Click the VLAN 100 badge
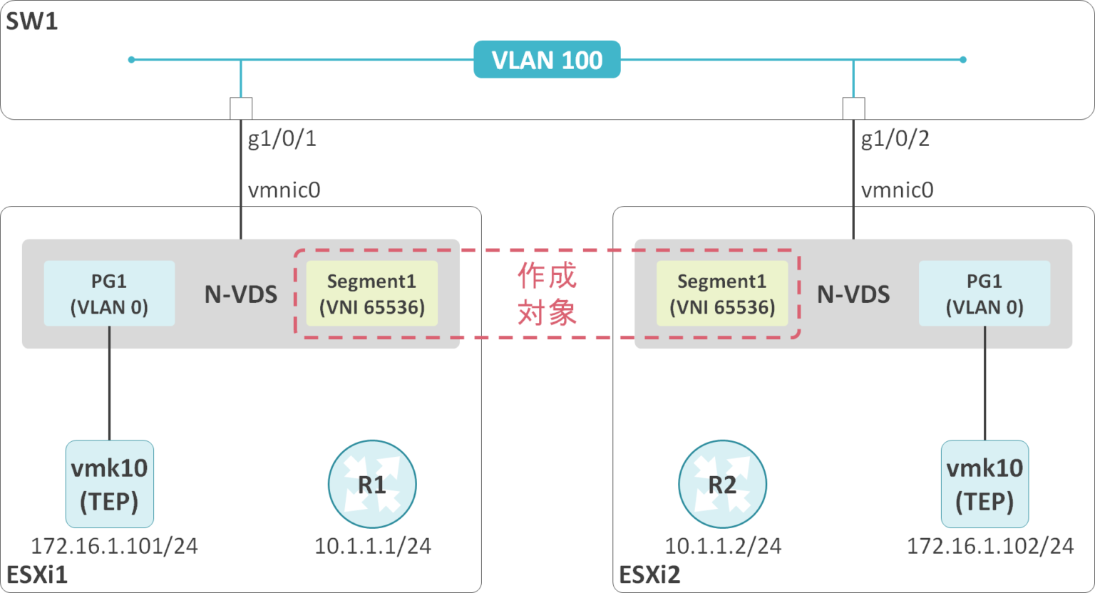click(x=547, y=60)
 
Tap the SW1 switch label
click(x=32, y=21)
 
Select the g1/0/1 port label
click(x=282, y=138)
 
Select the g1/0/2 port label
click(x=895, y=138)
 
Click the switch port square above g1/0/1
click(x=241, y=108)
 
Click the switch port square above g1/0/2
click(x=853, y=108)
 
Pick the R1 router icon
click(x=372, y=485)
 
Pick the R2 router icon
click(x=722, y=485)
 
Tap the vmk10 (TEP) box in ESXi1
click(x=109, y=484)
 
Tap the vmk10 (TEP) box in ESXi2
click(x=985, y=484)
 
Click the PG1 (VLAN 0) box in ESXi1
click(x=109, y=294)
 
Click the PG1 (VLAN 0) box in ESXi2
click(x=985, y=294)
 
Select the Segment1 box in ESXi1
click(x=371, y=294)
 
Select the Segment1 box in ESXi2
click(x=722, y=294)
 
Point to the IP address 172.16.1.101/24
click(x=114, y=546)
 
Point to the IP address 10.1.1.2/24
click(x=723, y=546)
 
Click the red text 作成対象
click(x=547, y=294)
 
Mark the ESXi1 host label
click(x=37, y=574)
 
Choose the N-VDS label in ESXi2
click(x=853, y=294)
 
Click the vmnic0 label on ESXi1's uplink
click(x=284, y=190)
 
